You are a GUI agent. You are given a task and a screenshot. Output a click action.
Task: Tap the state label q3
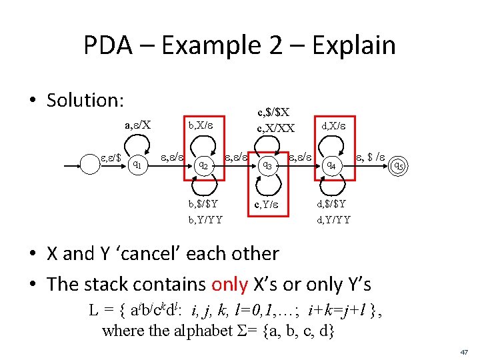click(x=266, y=164)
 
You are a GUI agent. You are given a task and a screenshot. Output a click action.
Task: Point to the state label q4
click(x=329, y=165)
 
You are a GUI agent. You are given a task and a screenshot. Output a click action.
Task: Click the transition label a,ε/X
click(x=137, y=124)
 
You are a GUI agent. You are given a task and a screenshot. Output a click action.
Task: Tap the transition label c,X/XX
click(x=275, y=128)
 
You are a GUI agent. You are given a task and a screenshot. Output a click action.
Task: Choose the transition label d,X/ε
click(x=334, y=124)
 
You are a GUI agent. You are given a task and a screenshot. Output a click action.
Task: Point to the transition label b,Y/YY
click(x=205, y=219)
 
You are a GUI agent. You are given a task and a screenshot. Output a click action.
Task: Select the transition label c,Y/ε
click(x=267, y=204)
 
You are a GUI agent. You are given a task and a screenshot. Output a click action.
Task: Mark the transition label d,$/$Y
click(x=331, y=203)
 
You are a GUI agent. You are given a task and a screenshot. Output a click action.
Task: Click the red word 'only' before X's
click(x=230, y=284)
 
